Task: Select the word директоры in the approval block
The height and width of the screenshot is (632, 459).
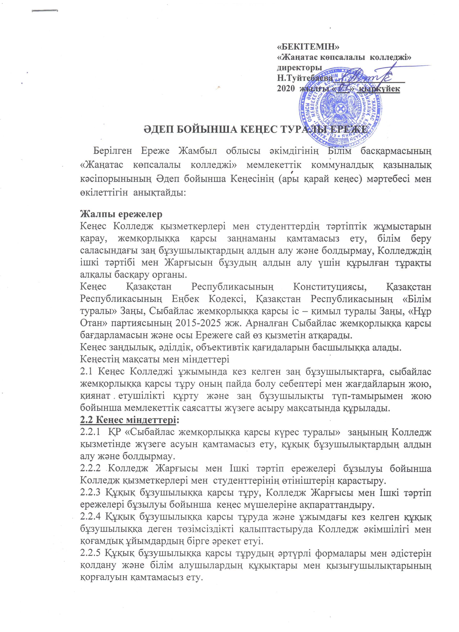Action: (300, 68)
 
